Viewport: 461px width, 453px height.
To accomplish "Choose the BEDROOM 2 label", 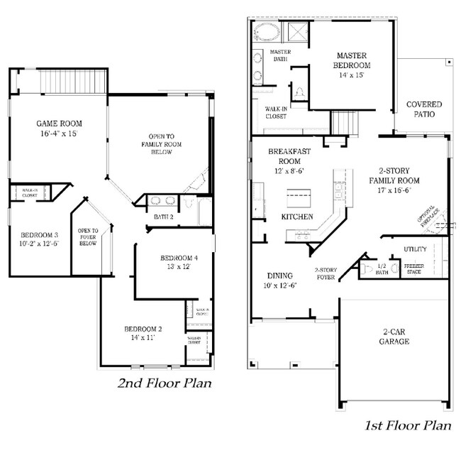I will (x=144, y=329).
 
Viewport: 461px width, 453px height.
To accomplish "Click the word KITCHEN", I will (x=297, y=216).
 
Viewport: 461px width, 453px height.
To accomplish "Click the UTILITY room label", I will (x=415, y=249).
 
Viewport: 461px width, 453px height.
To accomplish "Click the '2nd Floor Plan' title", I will (x=165, y=384).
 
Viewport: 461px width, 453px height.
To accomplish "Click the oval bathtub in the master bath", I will (x=267, y=32).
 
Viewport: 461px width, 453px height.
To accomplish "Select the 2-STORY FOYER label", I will (x=326, y=274).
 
